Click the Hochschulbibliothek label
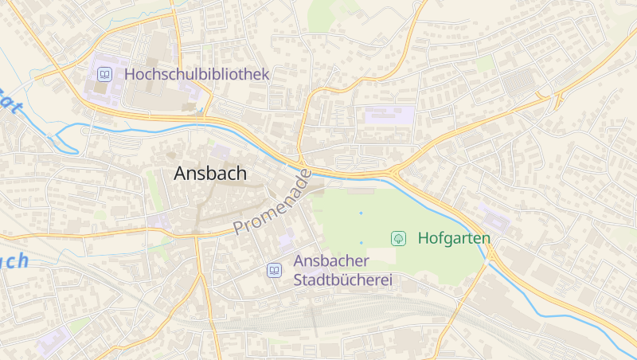[x=197, y=74]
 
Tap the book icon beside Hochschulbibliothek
[x=104, y=74]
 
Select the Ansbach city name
[x=210, y=173]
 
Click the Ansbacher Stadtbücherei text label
[x=343, y=271]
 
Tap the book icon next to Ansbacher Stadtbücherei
[x=274, y=271]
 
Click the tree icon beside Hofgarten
[x=398, y=238]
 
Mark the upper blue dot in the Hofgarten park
[x=361, y=213]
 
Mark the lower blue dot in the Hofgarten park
[x=361, y=243]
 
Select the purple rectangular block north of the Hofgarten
[x=390, y=115]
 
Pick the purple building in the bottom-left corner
[x=53, y=341]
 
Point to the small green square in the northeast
[x=485, y=64]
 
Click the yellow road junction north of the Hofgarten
[x=395, y=171]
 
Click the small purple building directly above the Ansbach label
[x=221, y=151]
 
